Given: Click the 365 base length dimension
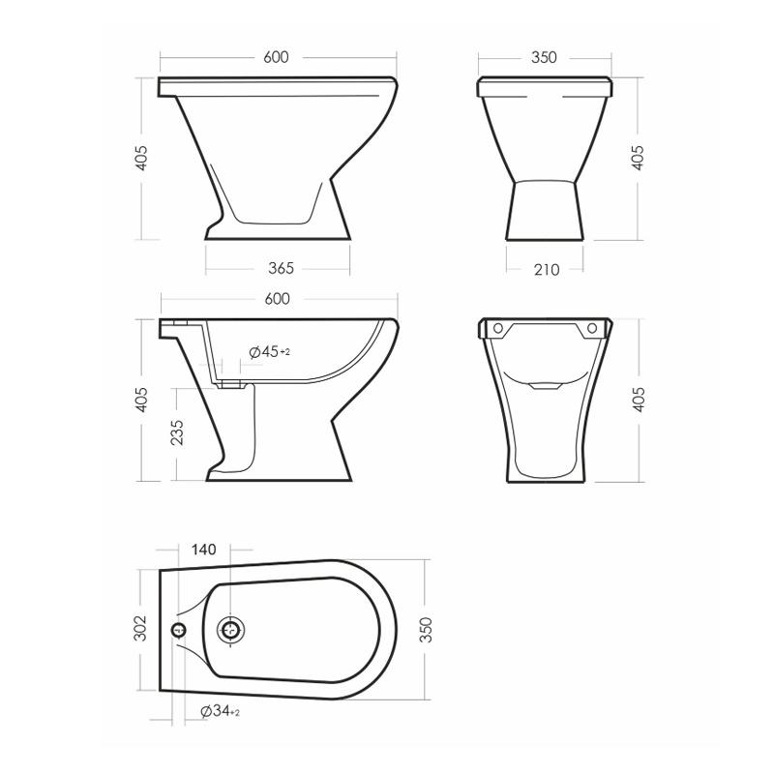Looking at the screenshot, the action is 281,268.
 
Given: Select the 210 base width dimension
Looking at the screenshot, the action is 547,270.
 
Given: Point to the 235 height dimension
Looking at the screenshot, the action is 177,432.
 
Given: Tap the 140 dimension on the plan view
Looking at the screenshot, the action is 203,550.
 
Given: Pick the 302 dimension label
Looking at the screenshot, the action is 140,628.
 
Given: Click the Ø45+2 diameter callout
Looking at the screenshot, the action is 270,352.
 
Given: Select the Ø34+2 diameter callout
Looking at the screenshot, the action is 221,711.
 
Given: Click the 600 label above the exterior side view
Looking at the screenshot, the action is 276,57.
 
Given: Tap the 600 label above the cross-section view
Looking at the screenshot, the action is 277,299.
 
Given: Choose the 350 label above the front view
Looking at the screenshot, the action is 544,57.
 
